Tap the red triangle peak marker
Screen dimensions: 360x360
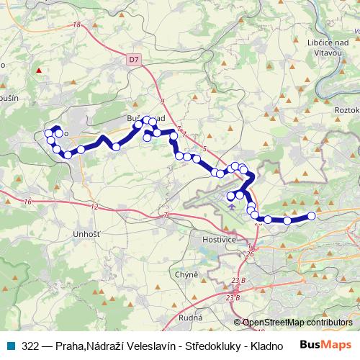click(39, 71)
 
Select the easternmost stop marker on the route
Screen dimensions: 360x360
click(312, 216)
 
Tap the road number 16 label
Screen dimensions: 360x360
click(27, 202)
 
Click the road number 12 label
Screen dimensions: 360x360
click(95, 207)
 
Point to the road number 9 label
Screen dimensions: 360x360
click(163, 101)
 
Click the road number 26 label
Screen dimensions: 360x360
click(250, 253)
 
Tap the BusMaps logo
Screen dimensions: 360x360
click(328, 346)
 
